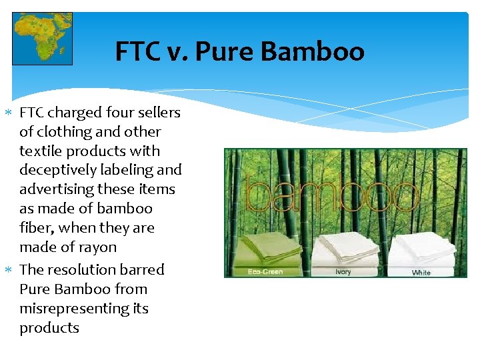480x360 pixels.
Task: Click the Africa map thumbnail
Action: pyautogui.click(x=43, y=39)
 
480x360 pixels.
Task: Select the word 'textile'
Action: pyautogui.click(x=42, y=151)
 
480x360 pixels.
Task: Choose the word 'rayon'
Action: pyautogui.click(x=97, y=247)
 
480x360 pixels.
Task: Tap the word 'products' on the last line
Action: pyautogui.click(x=49, y=328)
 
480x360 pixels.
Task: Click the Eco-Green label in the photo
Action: pyautogui.click(x=265, y=272)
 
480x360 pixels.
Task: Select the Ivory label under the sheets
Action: pyautogui.click(x=342, y=272)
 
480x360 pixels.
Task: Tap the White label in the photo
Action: pyautogui.click(x=421, y=273)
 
